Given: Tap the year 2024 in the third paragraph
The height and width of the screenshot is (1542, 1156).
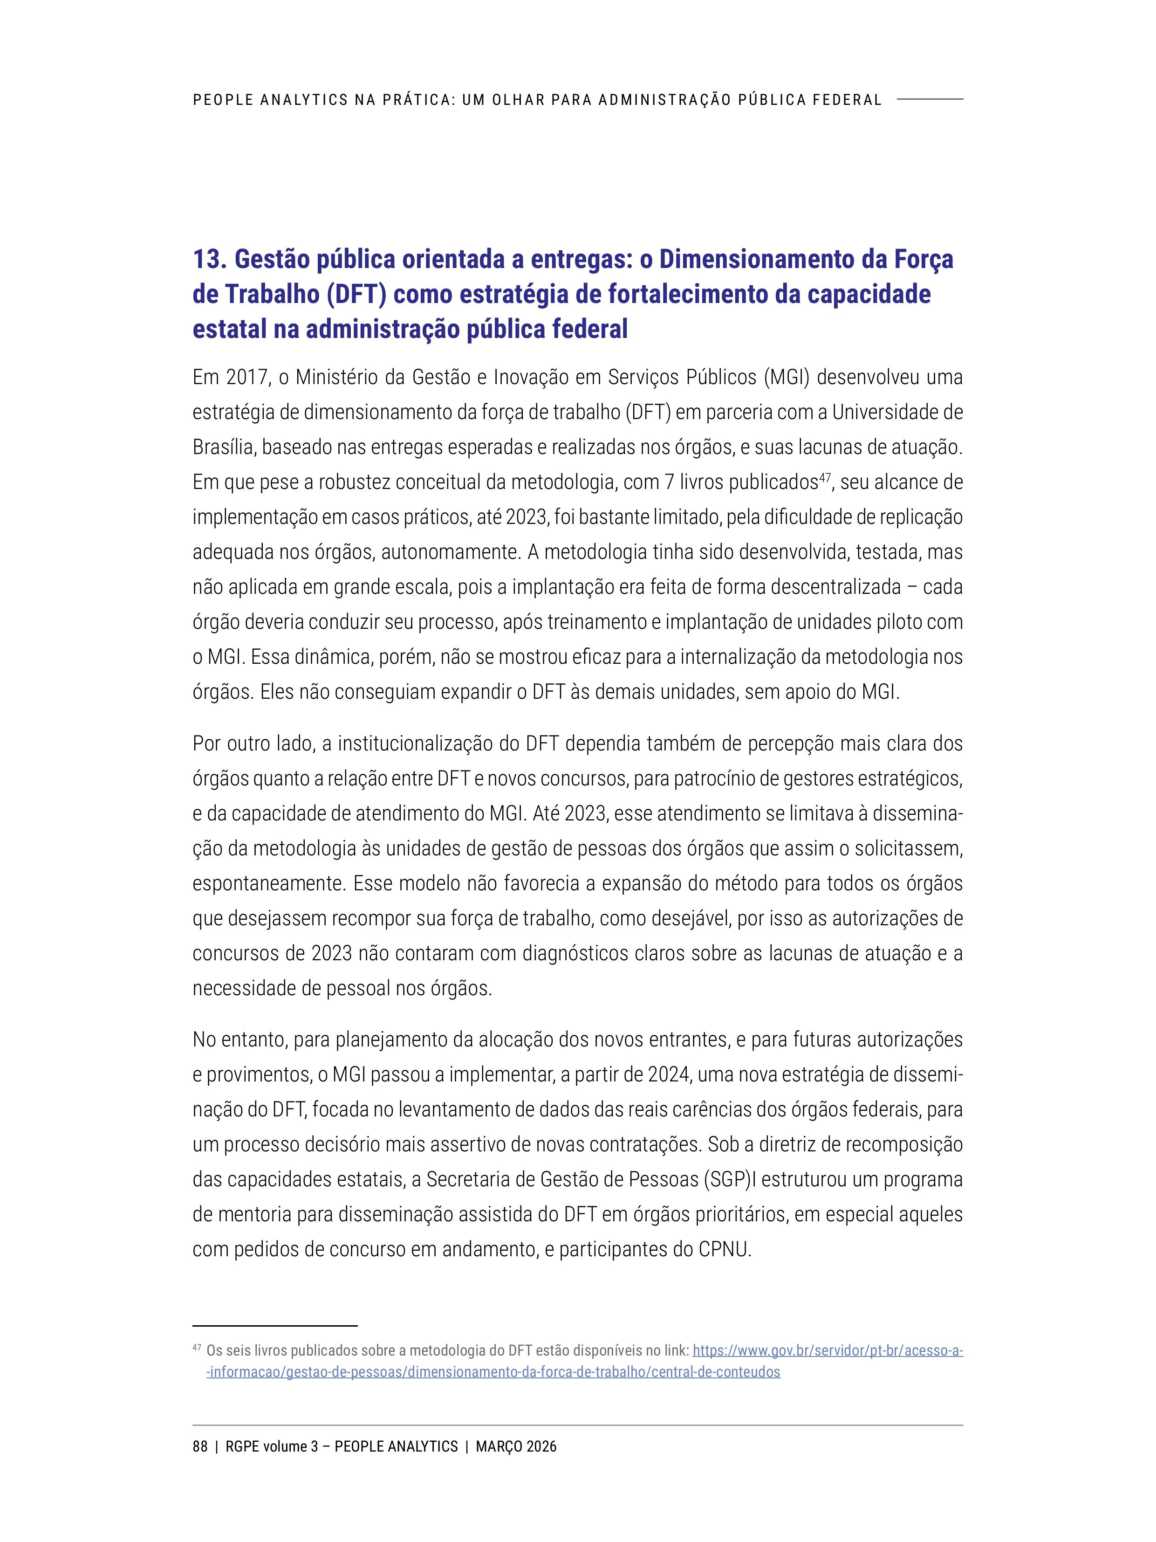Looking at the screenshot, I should pyautogui.click(x=669, y=1074).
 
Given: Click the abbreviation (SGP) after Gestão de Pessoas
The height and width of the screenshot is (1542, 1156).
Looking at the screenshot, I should pyautogui.click(x=728, y=1179).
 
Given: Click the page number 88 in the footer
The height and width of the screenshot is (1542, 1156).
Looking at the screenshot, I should pyautogui.click(x=200, y=1446).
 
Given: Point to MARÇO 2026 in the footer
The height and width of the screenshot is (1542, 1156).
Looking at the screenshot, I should pyautogui.click(x=516, y=1446).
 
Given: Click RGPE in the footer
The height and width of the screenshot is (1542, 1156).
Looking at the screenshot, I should pyautogui.click(x=242, y=1446).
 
